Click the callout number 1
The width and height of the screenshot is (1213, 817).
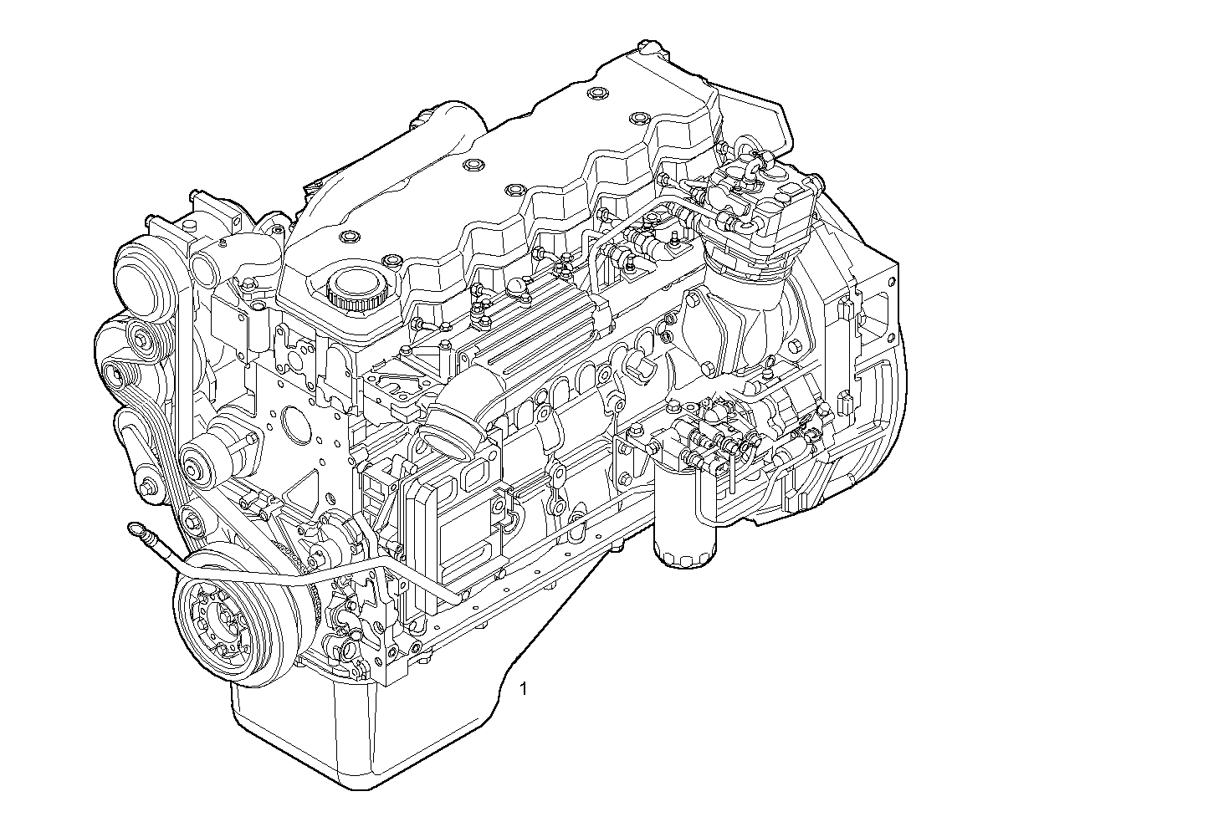(524, 689)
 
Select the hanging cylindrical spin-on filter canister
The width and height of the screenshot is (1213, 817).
(684, 522)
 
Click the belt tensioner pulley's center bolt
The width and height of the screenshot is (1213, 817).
(200, 465)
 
